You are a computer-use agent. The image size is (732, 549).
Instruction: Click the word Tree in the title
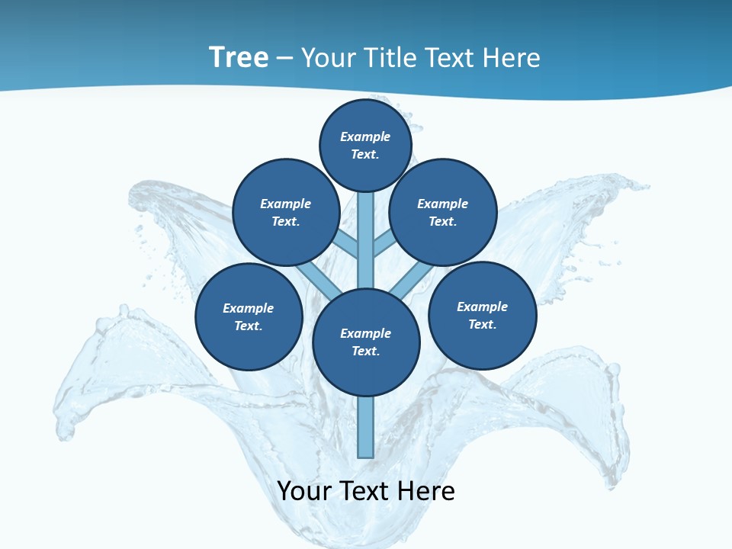tap(239, 57)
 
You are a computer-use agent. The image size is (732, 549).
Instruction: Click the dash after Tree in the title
tap(284, 58)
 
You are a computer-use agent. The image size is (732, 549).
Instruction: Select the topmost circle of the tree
tap(365, 144)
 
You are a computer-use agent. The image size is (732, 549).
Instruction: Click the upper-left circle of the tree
tap(286, 212)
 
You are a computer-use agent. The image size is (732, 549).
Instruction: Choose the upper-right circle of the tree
tap(443, 212)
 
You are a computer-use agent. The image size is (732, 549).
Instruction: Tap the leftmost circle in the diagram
tap(249, 316)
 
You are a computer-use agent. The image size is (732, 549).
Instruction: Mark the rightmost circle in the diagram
tap(482, 315)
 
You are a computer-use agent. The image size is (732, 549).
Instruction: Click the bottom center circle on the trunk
tap(366, 342)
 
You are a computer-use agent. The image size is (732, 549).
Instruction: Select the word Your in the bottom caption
tap(304, 491)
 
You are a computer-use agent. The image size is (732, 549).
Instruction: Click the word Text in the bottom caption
tap(365, 491)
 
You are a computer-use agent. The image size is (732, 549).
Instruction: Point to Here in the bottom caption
tap(428, 491)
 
